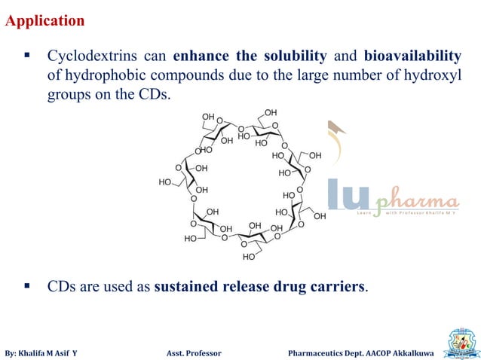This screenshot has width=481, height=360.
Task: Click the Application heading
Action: click(45, 21)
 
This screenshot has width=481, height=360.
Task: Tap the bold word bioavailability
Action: click(412, 57)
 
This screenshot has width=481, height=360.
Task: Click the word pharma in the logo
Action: click(417, 202)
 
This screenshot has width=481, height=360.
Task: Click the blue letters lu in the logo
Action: click(348, 195)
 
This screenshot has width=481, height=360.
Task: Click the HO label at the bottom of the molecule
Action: click(248, 258)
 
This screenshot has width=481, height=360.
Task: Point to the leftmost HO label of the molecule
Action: click(164, 182)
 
